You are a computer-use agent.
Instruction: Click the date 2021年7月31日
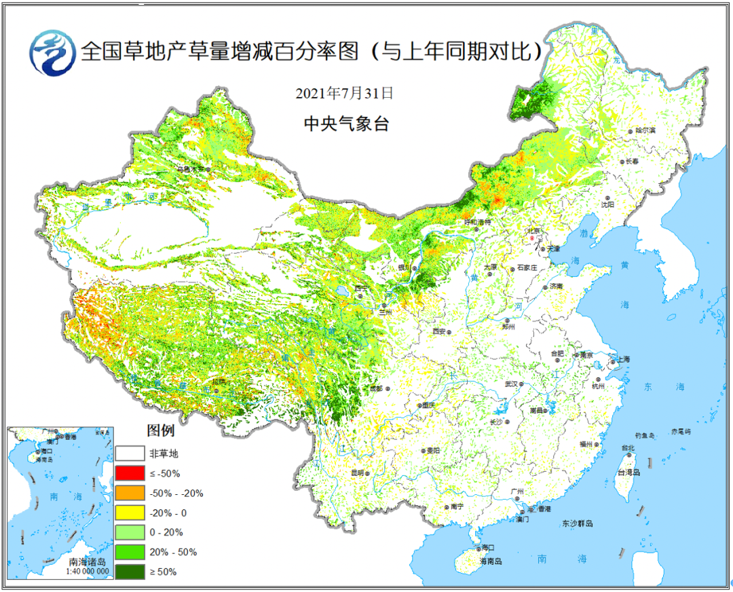click(x=344, y=93)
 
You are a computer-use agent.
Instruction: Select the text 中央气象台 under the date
click(x=346, y=124)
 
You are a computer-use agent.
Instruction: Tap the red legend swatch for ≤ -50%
click(x=130, y=473)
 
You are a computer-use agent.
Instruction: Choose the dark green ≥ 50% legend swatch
click(x=130, y=571)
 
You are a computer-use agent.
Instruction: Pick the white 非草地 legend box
click(x=130, y=453)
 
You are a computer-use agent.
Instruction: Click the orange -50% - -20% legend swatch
click(x=130, y=492)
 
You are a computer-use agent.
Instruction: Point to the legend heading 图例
click(x=161, y=430)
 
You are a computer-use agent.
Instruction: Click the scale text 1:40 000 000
click(x=88, y=572)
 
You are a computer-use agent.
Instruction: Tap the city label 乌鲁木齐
click(x=190, y=169)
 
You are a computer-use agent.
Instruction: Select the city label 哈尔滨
click(x=644, y=130)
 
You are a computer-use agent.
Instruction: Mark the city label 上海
click(x=623, y=359)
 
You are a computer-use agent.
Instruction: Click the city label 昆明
click(x=356, y=473)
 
